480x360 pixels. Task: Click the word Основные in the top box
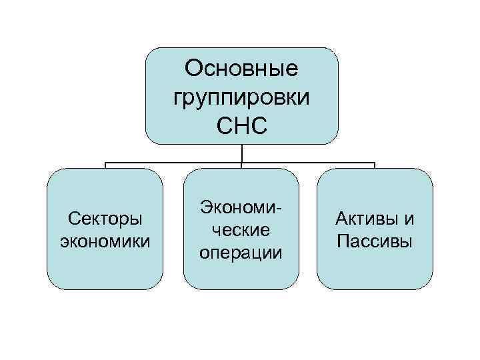point(241,69)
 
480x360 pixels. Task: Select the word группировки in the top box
point(241,97)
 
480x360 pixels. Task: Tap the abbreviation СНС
point(241,125)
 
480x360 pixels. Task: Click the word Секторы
point(104,220)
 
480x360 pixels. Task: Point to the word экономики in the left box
point(104,241)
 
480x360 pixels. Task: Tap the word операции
point(241,253)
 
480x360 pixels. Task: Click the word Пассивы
point(375,241)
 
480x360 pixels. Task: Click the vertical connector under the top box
point(241,153)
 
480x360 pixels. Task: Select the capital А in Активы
point(342,219)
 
